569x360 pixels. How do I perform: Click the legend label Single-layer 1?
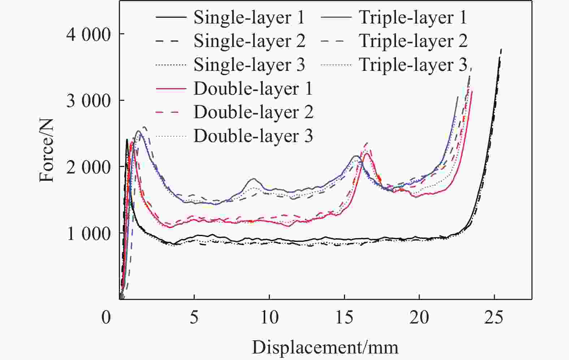[x=249, y=18]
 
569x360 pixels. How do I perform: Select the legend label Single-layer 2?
[x=249, y=41]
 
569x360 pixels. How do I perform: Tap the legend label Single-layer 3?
[x=249, y=65]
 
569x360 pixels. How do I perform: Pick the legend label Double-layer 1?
[x=253, y=89]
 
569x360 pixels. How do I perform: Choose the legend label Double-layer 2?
[x=253, y=112]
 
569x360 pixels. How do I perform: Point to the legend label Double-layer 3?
[x=253, y=136]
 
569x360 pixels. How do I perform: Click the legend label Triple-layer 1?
[x=413, y=18]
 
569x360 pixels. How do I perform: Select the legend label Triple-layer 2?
[x=413, y=41]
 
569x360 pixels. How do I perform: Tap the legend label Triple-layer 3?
[x=413, y=65]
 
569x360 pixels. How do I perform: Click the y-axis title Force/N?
[x=47, y=150]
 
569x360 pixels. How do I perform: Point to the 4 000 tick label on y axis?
[x=88, y=35]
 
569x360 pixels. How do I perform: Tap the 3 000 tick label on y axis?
[x=88, y=101]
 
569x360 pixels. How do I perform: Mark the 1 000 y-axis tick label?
[x=88, y=234]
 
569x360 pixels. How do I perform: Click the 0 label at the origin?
[x=106, y=317]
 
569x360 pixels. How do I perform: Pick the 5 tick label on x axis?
[x=194, y=317]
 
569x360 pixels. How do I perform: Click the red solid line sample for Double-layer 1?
[x=171, y=89]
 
